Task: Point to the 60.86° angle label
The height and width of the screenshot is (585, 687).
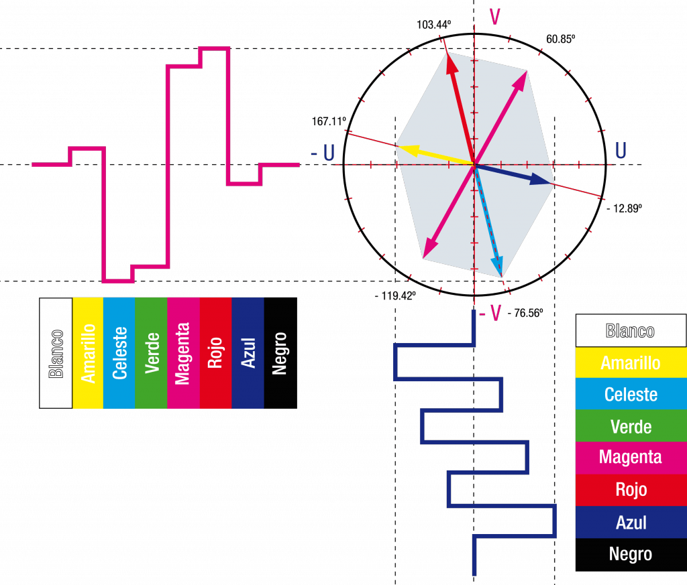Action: click(x=561, y=39)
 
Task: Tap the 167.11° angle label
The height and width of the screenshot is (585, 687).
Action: click(x=329, y=121)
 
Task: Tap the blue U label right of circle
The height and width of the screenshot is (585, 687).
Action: click(x=621, y=151)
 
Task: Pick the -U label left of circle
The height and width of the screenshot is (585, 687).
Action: click(x=323, y=153)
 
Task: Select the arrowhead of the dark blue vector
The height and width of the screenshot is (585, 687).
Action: click(x=547, y=180)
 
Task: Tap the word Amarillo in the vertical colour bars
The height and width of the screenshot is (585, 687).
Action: click(x=88, y=353)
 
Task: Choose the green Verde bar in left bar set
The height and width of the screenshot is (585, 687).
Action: click(x=151, y=353)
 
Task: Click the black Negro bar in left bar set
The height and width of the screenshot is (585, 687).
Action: click(x=280, y=353)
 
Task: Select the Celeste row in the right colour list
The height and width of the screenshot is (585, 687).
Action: click(x=631, y=394)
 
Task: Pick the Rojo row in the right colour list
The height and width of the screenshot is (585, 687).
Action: click(x=631, y=489)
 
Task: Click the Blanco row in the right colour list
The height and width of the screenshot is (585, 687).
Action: click(x=631, y=330)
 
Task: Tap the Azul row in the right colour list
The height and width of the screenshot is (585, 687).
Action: click(x=631, y=521)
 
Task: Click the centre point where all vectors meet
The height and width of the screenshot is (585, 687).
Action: click(x=474, y=164)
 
